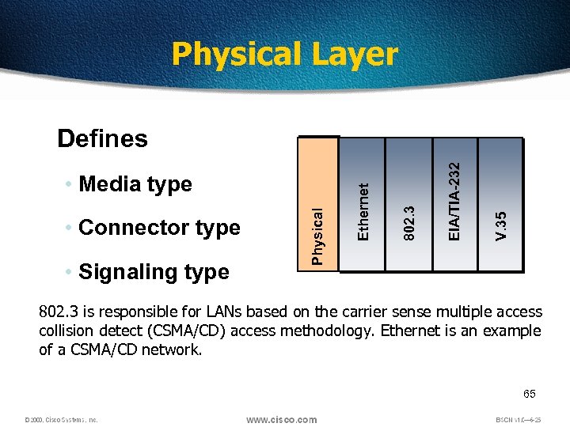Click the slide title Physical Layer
pos(284,55)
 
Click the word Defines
pos(102,138)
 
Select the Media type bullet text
pos(135,184)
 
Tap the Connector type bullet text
pos(159,228)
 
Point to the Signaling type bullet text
pos(154,272)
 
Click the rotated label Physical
pos(317,236)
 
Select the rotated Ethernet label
pos(363,211)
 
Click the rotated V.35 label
pos(500,226)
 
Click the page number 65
pos(529,393)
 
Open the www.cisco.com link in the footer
pos(283,419)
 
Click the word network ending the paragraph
pos(174,349)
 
